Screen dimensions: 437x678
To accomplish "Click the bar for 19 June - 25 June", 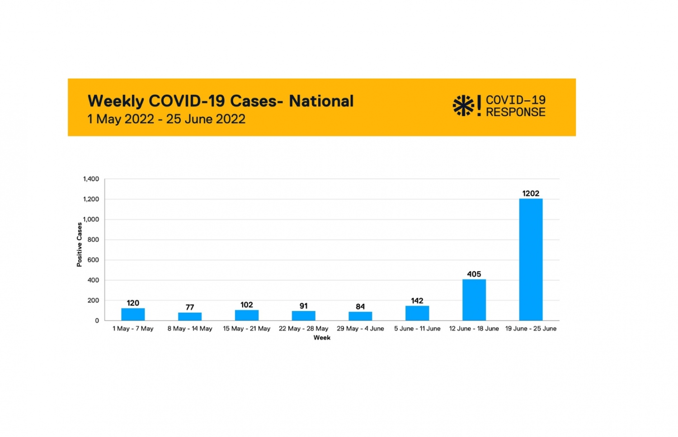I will coord(531,260).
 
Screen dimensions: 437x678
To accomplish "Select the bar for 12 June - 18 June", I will coord(474,300).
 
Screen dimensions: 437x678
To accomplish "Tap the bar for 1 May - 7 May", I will coord(133,314).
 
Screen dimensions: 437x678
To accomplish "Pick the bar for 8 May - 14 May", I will coord(190,316).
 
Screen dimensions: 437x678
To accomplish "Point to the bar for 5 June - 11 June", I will coord(417,313).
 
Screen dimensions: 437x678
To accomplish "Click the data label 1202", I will coord(531,194).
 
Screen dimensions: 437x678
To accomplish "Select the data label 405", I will coord(474,274).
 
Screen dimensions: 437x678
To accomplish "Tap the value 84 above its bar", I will coord(360,307).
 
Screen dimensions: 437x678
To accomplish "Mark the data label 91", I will coord(303,306).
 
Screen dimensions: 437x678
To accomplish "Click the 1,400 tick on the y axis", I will coord(91,179).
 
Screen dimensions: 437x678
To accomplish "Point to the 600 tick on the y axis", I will coord(93,260).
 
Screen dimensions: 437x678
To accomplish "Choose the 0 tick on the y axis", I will coord(97,321).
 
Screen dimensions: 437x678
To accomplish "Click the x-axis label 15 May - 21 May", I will coord(246,329).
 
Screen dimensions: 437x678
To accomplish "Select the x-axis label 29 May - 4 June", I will coord(360,329).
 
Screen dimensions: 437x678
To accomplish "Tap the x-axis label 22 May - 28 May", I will coord(303,329).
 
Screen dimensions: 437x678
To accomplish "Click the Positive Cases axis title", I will coord(80,245).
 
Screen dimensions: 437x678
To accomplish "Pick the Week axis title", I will coord(322,338).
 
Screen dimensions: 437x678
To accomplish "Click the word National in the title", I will coord(321,101).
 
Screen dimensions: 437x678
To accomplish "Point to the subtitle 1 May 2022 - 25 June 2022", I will coord(166,119).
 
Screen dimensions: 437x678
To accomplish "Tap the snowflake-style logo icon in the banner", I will coord(463,106).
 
